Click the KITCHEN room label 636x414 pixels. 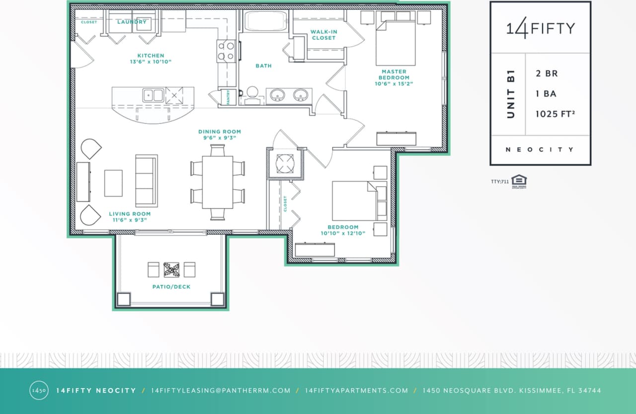click(151, 56)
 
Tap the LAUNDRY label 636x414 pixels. click(132, 22)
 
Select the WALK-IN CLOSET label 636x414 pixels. click(323, 35)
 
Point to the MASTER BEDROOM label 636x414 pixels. click(394, 75)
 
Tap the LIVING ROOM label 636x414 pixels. click(129, 214)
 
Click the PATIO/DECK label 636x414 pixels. click(171, 287)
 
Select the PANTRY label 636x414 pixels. click(228, 97)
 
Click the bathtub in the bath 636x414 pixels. click(265, 21)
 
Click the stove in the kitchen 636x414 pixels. click(226, 51)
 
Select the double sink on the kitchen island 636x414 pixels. click(153, 95)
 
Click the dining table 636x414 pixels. click(218, 182)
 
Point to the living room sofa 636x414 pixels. click(147, 181)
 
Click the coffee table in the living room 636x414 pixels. click(113, 183)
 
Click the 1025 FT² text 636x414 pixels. click(555, 114)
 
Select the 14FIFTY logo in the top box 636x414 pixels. click(541, 28)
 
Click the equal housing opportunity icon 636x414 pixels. click(519, 181)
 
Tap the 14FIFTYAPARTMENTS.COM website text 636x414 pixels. click(356, 391)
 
